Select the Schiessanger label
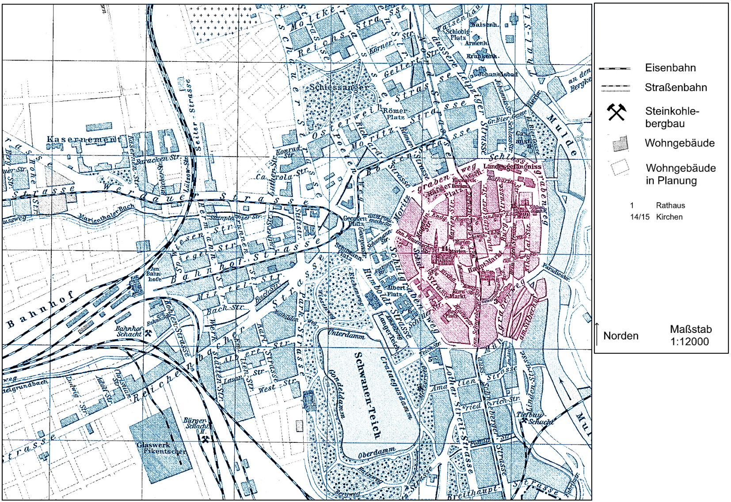pyautogui.click(x=339, y=87)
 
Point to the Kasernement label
pyautogui.click(x=84, y=140)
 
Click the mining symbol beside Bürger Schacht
pyautogui.click(x=206, y=438)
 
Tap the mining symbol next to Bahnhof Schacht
pyautogui.click(x=148, y=333)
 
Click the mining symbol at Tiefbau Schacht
pyautogui.click(x=524, y=420)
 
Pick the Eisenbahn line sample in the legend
pyautogui.click(x=614, y=68)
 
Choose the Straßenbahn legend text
pyautogui.click(x=675, y=87)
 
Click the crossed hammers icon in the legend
pyautogui.click(x=616, y=112)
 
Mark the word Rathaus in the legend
pyautogui.click(x=670, y=205)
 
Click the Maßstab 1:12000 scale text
pyautogui.click(x=690, y=335)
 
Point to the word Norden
pyautogui.click(x=621, y=336)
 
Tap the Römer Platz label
pyautogui.click(x=395, y=114)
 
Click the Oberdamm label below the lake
pyautogui.click(x=377, y=453)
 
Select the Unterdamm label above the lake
pyautogui.click(x=346, y=334)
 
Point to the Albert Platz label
pyautogui.click(x=395, y=291)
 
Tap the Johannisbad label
pyautogui.click(x=497, y=74)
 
